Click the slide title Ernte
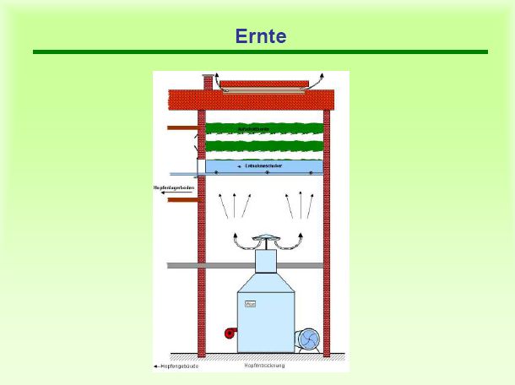click(260, 36)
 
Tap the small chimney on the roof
click(208, 83)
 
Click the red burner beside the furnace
click(230, 333)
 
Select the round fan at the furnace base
click(306, 339)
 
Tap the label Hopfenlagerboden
click(173, 187)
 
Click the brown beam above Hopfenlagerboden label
click(182, 127)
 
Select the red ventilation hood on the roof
click(263, 84)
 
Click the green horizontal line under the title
click(260, 52)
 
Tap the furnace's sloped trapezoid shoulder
click(265, 283)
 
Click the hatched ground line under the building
click(262, 356)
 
